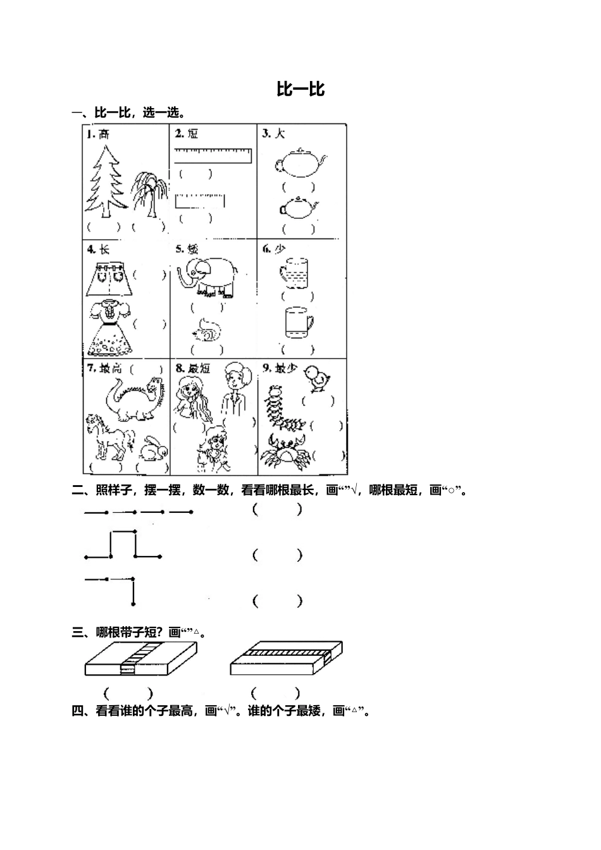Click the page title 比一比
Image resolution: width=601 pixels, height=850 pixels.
(x=300, y=89)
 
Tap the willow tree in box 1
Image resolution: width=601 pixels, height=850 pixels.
(x=149, y=192)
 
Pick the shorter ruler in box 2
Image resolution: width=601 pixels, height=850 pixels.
(x=200, y=201)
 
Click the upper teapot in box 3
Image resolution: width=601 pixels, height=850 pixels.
(x=300, y=163)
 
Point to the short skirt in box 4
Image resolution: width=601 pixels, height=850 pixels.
(x=112, y=278)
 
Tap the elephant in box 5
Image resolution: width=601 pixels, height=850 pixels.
(x=209, y=276)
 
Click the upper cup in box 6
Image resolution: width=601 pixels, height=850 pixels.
(x=294, y=271)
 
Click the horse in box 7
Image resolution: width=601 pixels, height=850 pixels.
(x=109, y=437)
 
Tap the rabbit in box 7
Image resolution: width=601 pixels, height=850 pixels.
(x=154, y=448)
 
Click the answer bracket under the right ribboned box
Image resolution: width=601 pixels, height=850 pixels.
(x=275, y=693)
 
